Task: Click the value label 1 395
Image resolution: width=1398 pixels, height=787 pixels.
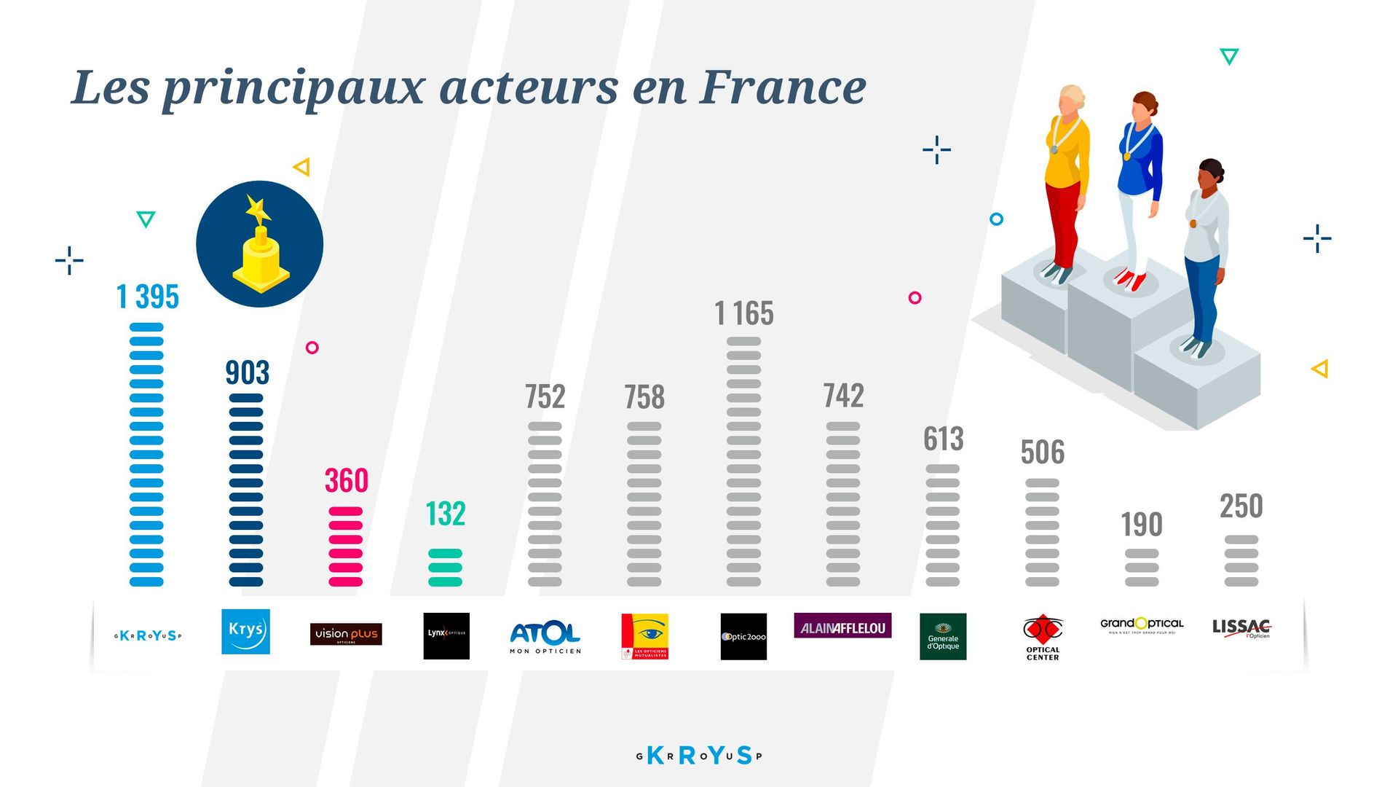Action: click(148, 297)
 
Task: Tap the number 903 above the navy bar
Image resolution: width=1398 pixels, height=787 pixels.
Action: click(247, 373)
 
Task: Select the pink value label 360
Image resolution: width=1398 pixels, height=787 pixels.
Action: click(347, 481)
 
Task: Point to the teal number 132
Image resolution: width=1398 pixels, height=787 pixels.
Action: click(445, 514)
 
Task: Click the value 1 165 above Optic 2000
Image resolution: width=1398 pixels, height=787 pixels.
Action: click(743, 314)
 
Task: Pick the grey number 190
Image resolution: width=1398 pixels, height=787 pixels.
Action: click(1141, 525)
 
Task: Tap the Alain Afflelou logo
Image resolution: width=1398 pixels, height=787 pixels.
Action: click(842, 627)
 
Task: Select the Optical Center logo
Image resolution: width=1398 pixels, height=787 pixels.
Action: click(1043, 637)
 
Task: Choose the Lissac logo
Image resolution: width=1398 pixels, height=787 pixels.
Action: click(1241, 628)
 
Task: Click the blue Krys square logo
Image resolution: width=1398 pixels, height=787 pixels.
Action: click(245, 632)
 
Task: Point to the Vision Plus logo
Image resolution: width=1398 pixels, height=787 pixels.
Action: click(346, 634)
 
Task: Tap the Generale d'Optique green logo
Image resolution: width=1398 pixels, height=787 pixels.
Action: click(943, 637)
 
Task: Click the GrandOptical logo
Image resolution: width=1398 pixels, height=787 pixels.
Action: click(1141, 625)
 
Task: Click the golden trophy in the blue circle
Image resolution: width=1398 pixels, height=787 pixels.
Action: click(260, 248)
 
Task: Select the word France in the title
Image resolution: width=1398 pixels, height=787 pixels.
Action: click(783, 87)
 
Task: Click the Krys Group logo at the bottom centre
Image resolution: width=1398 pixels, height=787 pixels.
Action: click(699, 756)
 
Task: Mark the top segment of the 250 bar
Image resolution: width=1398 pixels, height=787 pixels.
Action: click(1241, 540)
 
